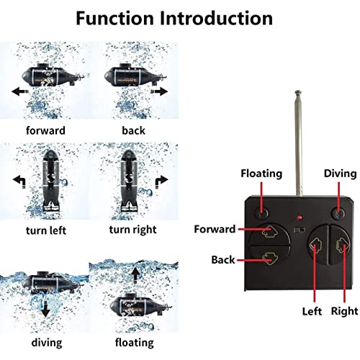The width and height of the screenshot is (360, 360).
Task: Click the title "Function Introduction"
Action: (x=180, y=17)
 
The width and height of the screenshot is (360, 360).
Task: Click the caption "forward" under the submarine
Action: (x=45, y=131)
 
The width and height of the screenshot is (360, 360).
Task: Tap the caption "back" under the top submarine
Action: (x=132, y=131)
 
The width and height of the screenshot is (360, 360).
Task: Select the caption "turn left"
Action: (x=45, y=230)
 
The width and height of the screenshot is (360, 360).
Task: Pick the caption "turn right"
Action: (x=134, y=230)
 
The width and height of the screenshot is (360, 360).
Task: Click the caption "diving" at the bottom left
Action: (x=45, y=342)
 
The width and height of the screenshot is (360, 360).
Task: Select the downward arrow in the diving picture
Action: (x=45, y=309)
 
